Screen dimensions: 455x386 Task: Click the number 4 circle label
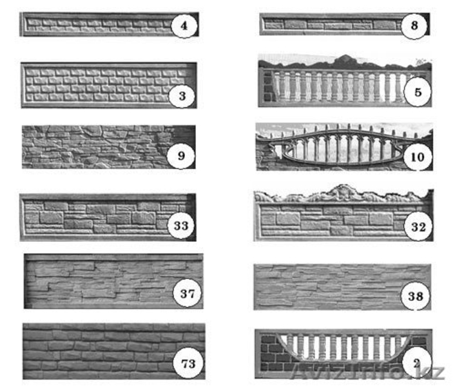[184, 26]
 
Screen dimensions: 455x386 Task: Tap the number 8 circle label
[414, 26]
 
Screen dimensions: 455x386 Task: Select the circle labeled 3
[182, 95]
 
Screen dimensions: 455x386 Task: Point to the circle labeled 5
[418, 92]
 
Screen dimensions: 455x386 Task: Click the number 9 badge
[181, 156]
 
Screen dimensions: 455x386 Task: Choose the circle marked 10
[418, 157]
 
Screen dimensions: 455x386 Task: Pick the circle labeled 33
[181, 225]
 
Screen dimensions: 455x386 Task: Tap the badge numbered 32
[418, 226]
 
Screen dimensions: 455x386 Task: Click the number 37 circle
[187, 293]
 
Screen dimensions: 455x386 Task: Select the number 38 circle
[416, 296]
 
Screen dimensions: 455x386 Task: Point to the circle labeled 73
[188, 363]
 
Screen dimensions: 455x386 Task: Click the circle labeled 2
[417, 363]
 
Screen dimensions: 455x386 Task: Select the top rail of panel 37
[113, 257]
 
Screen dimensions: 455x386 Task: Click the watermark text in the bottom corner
[368, 372]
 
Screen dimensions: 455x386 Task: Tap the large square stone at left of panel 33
[51, 217]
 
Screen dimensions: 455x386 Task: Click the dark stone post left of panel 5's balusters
[268, 87]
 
